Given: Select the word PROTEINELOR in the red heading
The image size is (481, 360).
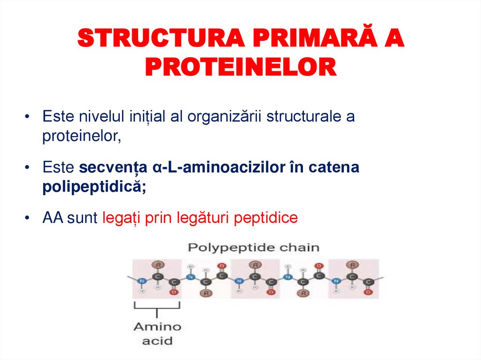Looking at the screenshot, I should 240,68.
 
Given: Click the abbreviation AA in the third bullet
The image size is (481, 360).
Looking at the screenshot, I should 52,218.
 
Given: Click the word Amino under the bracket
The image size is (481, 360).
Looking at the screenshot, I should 157,327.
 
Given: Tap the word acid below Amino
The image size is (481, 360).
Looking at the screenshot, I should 157,341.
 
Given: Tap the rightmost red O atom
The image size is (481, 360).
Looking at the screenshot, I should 368,292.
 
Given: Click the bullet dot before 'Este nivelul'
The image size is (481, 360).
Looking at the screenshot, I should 29,116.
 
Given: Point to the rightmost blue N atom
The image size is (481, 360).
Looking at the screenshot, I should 335,281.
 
